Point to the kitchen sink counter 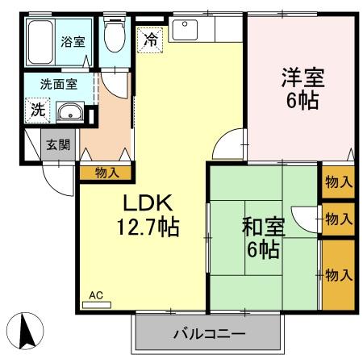pos(193,29)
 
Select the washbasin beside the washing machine pos(69,112)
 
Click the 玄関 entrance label pos(56,145)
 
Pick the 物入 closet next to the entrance pos(106,172)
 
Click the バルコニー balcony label pos(210,333)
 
